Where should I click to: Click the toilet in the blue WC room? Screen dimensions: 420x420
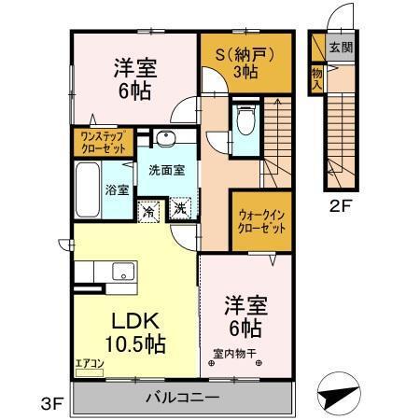coord(246,120)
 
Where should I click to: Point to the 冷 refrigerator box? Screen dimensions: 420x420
coord(148,210)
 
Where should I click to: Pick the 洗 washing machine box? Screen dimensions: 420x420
coord(180,210)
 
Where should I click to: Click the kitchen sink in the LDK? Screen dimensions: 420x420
coord(121,272)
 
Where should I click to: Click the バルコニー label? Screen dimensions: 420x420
coord(182,398)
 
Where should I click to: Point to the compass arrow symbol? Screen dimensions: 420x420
coord(340,393)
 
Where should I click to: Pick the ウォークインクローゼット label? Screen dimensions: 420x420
coord(257,220)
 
